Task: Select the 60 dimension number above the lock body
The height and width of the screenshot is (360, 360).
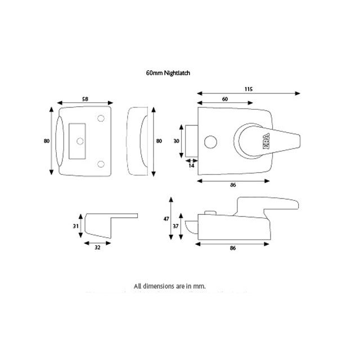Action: point(224,99)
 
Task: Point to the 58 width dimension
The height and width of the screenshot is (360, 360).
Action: point(85,99)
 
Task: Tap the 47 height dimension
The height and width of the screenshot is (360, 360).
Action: point(166,218)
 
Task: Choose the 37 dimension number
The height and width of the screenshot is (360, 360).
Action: point(175,226)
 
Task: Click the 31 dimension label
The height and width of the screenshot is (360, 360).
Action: point(76,226)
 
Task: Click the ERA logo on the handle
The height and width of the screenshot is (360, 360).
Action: point(265,142)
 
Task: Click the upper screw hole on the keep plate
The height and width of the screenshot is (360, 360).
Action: point(101,119)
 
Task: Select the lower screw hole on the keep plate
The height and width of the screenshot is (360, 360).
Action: point(101,163)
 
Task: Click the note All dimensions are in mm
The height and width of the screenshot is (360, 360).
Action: point(169,286)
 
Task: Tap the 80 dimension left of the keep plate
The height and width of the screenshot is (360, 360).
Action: point(47,141)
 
